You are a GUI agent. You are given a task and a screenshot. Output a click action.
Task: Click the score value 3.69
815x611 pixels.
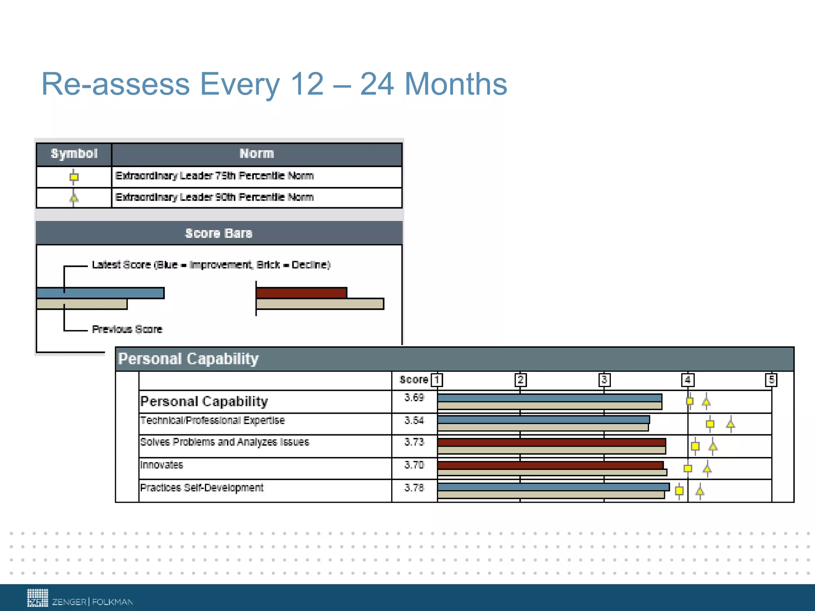(414, 397)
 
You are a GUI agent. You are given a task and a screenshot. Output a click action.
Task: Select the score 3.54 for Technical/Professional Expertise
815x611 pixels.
(414, 420)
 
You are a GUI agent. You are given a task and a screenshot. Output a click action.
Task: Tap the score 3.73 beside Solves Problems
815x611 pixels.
(414, 442)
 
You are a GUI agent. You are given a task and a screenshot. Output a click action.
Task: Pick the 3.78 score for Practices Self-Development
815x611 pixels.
(414, 488)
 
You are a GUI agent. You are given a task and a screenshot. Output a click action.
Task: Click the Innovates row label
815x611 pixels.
(162, 465)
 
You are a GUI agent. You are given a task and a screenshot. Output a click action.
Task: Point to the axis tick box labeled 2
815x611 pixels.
(520, 380)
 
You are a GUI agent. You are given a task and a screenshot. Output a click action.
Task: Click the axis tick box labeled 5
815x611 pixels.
(771, 380)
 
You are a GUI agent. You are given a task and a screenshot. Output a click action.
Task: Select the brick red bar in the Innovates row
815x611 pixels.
(550, 465)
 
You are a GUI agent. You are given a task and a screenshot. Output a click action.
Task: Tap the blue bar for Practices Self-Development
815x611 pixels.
(553, 487)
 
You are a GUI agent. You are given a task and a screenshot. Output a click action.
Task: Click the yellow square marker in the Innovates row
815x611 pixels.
(688, 469)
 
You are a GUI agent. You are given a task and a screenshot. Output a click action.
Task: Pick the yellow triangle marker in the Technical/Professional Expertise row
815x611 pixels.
(730, 424)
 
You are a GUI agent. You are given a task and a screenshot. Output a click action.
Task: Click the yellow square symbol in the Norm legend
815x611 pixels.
(74, 177)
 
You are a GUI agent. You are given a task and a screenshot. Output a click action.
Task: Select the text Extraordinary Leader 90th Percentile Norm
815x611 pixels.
(214, 197)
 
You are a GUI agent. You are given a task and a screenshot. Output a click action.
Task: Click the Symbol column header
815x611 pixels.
(74, 154)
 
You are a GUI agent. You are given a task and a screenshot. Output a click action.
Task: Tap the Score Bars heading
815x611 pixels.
(219, 233)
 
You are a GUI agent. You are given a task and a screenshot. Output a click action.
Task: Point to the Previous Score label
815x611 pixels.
(127, 329)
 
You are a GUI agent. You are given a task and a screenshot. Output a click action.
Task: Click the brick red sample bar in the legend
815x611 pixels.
(301, 293)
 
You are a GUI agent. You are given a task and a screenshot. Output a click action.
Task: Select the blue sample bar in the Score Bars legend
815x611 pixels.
(100, 293)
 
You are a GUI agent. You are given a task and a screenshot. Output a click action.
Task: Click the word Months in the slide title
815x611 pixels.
(456, 84)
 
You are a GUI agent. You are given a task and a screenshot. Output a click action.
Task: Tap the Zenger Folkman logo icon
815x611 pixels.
(37, 598)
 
